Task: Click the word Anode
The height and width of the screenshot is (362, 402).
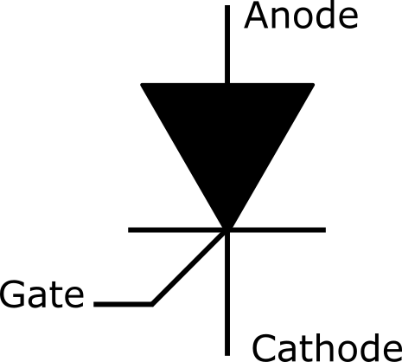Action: tap(301, 16)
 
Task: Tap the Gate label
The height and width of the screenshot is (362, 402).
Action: tap(42, 294)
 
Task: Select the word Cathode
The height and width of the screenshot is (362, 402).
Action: tap(327, 347)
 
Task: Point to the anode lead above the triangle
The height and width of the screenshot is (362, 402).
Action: tap(227, 44)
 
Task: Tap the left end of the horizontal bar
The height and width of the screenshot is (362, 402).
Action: tap(129, 229)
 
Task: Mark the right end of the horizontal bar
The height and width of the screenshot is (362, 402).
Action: tap(325, 229)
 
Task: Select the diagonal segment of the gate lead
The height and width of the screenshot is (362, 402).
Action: tap(188, 268)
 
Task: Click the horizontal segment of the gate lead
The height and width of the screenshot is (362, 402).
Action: tap(123, 304)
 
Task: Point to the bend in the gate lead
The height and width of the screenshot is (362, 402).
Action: tap(151, 304)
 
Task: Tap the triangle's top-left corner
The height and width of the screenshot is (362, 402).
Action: tap(141, 84)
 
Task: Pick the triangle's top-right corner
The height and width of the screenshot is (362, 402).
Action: tap(314, 84)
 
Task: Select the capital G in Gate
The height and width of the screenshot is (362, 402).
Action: tap(12, 294)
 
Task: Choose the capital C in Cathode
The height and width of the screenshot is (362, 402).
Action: tap(264, 347)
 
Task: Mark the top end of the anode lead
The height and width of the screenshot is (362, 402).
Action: tap(227, 6)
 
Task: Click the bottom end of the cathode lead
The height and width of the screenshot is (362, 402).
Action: tap(227, 355)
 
